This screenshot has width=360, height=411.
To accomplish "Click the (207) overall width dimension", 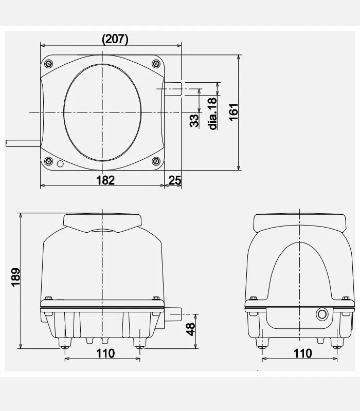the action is pos(115,39).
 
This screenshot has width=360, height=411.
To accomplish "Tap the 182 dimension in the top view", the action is pos(105,180).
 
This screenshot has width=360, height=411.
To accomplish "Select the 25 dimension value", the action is pos(175,180).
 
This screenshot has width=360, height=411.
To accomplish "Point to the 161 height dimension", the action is pos(233,112).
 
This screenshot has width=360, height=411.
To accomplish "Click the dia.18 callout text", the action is pos(213,114).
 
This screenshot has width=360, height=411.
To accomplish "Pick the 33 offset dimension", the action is pos(194,121).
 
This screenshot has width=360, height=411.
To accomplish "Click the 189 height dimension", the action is pos(16,277).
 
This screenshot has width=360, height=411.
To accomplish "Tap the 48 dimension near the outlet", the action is pos(191,329).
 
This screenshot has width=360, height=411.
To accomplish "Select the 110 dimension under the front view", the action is pos(105,353).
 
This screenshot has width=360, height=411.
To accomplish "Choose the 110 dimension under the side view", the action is pos(303,353).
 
